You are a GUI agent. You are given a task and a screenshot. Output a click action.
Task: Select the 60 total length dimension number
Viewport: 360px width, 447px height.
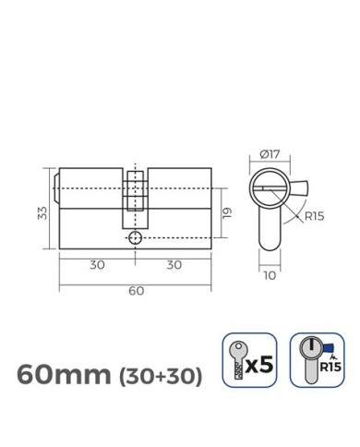tap(136, 291)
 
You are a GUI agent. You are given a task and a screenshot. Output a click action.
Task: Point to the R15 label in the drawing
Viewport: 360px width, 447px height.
tap(314, 219)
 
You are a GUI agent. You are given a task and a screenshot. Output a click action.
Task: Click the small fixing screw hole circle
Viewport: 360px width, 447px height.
tap(136, 237)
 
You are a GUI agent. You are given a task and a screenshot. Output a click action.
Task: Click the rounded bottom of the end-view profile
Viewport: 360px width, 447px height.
tap(268, 248)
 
